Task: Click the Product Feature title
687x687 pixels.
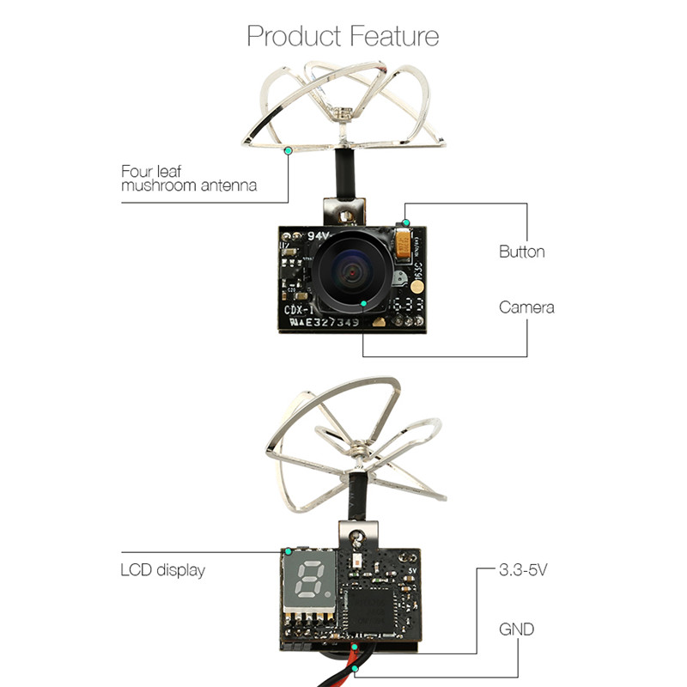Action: pos(343,36)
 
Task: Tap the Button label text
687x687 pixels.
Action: pos(521,252)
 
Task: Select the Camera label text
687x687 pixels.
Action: pos(526,307)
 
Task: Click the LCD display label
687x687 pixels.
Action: pos(162,569)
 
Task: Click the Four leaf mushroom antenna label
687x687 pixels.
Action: pos(188,178)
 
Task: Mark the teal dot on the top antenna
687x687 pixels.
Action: pos(288,150)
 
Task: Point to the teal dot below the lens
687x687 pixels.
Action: pos(364,304)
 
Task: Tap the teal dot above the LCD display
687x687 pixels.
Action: pos(289,550)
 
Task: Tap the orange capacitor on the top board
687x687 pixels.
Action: pos(403,244)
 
